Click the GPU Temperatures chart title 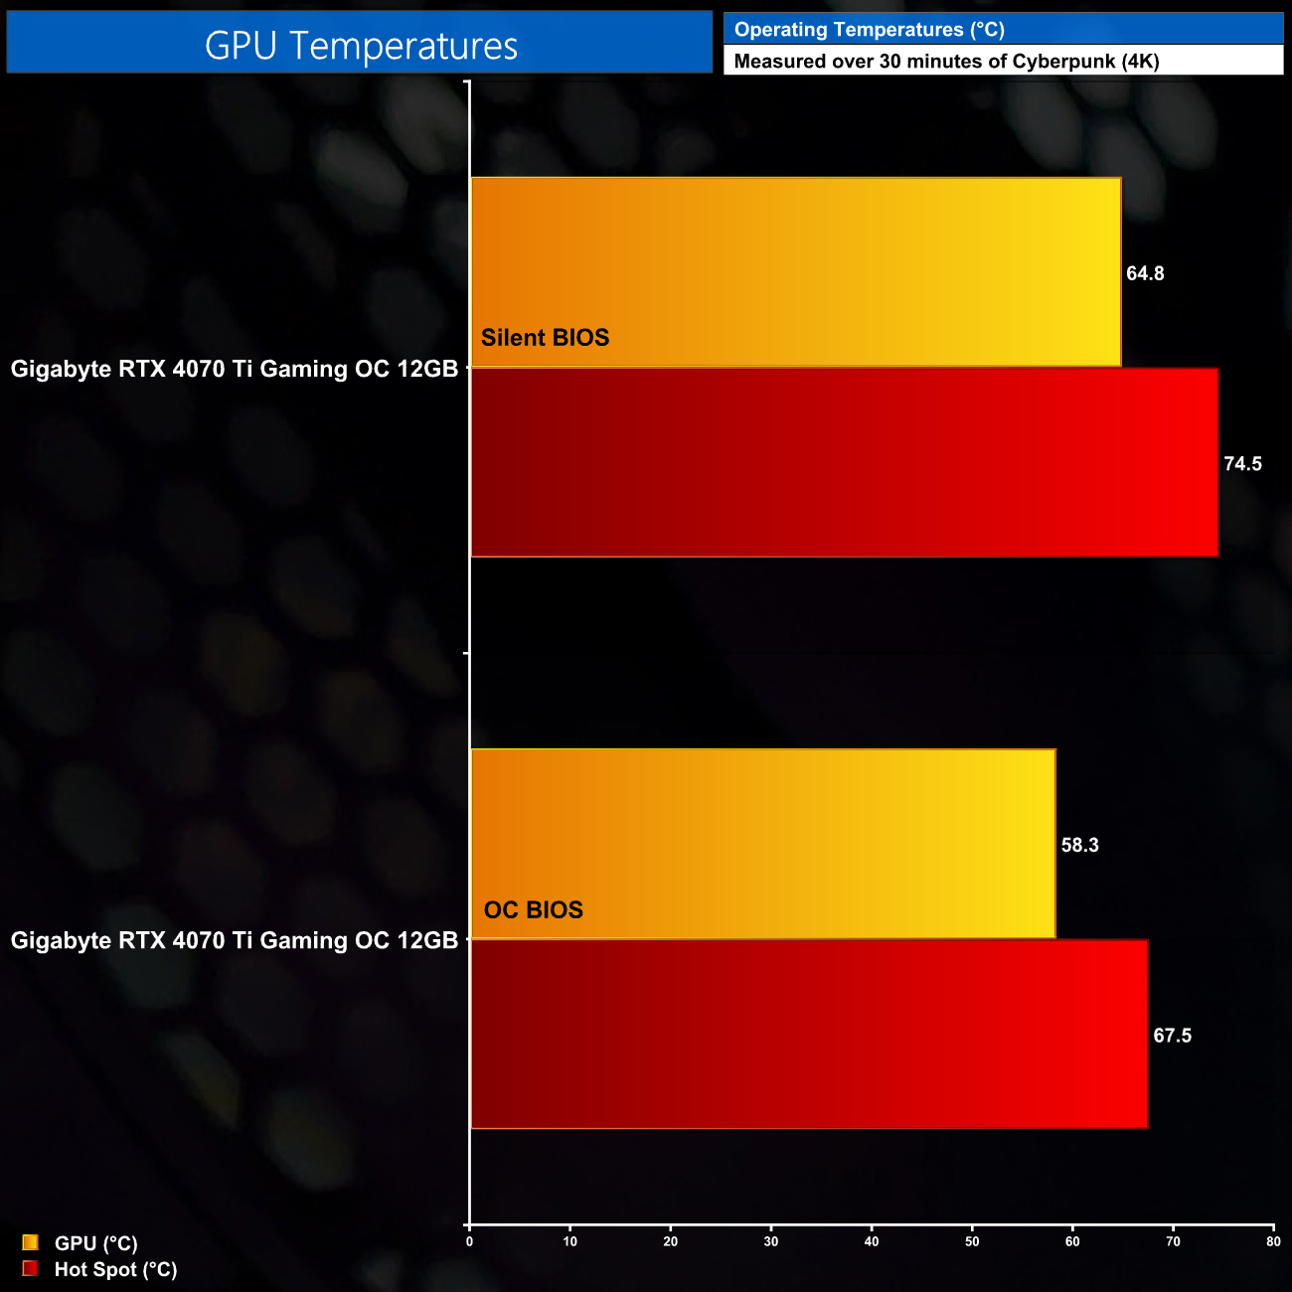tap(361, 46)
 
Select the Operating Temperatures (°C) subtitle tap(869, 30)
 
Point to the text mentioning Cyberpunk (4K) tap(946, 62)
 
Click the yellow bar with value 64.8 tap(795, 271)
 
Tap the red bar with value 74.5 tap(844, 463)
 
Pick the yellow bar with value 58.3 tap(762, 843)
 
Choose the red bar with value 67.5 tap(808, 1035)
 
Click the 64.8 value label tap(1145, 274)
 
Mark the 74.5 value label tap(1242, 464)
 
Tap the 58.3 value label tap(1079, 846)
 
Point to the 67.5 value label tap(1172, 1037)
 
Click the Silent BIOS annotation tap(545, 338)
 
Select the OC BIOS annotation tap(533, 910)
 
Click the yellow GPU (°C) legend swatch tap(30, 1242)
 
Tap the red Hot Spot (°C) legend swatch tap(30, 1268)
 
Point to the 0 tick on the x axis tap(469, 1241)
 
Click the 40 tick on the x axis tap(872, 1241)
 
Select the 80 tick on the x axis tap(1273, 1241)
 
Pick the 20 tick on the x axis tap(671, 1241)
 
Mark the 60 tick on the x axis tap(1072, 1241)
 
